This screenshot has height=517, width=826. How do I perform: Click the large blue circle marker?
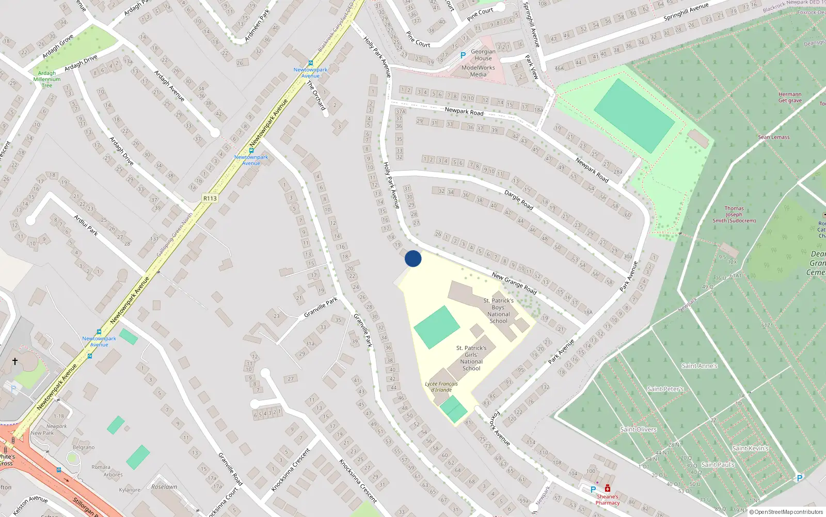[x=413, y=258]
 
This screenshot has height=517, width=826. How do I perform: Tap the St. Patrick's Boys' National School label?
[x=498, y=311]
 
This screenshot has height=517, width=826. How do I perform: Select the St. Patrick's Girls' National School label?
[x=471, y=358]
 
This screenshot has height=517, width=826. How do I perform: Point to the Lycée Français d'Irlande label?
[x=441, y=387]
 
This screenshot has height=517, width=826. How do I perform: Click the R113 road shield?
[x=210, y=199]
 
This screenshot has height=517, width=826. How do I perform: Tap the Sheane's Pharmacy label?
[x=608, y=499]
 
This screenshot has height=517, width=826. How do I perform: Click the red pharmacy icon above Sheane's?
[x=608, y=489]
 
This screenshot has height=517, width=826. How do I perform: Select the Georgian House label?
[x=483, y=55]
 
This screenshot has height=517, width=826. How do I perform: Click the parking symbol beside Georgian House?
[x=463, y=55]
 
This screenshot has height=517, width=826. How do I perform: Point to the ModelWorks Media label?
[x=478, y=71]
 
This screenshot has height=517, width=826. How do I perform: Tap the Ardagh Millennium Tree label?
[x=47, y=79]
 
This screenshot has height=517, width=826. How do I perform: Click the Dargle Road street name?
[x=518, y=200]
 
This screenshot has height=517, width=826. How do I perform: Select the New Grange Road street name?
[x=514, y=283]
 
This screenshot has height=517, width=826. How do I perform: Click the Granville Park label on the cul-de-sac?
[x=321, y=307]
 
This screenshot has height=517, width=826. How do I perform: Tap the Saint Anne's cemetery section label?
[x=700, y=366]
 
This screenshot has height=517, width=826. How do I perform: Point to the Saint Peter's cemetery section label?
[x=665, y=389]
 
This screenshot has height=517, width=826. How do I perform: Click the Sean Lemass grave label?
[x=774, y=137]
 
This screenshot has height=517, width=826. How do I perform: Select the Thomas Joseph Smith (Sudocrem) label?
[x=734, y=215]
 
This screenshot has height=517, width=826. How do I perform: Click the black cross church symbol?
[x=15, y=361]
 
